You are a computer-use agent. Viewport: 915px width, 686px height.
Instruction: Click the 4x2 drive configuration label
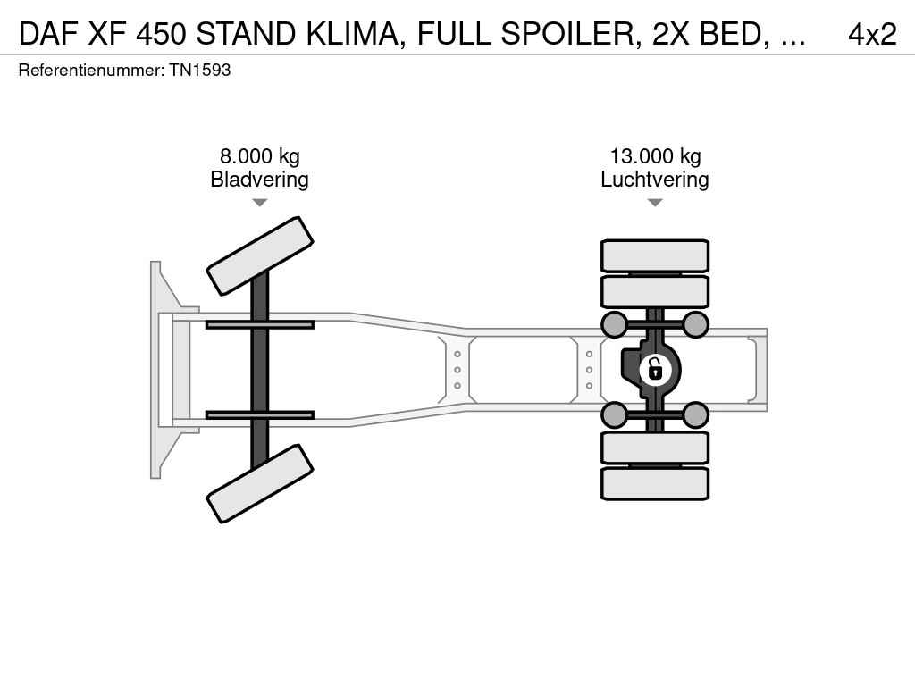coord(872,35)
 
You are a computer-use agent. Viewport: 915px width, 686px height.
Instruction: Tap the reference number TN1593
coord(200,70)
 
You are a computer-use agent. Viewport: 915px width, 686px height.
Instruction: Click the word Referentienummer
coord(91,70)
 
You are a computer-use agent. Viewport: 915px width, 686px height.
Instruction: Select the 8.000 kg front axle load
coord(260,156)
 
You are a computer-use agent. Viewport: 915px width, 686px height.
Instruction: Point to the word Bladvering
coord(260,179)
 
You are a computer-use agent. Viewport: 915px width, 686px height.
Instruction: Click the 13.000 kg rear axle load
coord(655,156)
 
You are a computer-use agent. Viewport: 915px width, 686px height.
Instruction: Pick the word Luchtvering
coord(655,179)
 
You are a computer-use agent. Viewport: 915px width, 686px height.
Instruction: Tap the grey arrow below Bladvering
coord(260,203)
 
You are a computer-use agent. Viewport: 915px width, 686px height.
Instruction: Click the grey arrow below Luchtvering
coord(655,203)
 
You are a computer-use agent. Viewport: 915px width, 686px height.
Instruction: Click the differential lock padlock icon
coord(655,370)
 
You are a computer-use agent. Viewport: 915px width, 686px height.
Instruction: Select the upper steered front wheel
coord(260,256)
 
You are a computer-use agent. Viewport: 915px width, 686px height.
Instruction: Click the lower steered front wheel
coord(260,483)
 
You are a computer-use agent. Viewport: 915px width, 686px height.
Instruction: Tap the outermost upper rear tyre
coord(655,255)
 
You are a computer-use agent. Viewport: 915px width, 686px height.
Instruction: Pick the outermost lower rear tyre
coord(655,483)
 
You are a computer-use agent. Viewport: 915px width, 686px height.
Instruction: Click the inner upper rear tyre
coord(655,292)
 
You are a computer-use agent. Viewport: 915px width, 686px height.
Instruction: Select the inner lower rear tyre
coord(655,448)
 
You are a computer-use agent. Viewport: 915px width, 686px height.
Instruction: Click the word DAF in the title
coord(49,35)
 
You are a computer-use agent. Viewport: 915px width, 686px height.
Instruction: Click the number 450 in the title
coord(162,35)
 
